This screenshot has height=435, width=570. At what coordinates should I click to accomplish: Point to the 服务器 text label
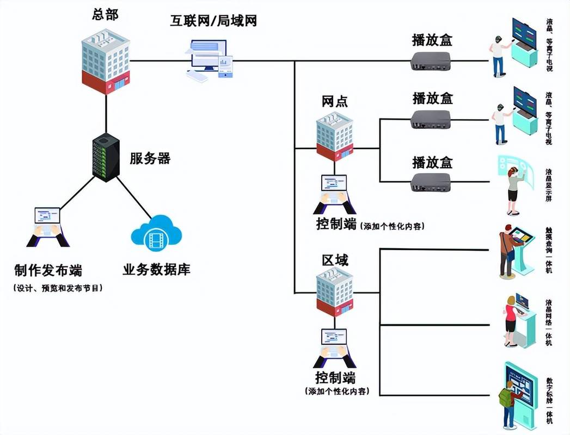click(x=150, y=159)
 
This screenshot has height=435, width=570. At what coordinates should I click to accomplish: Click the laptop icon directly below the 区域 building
click(x=335, y=347)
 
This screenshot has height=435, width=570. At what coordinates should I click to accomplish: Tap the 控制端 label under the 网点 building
click(x=336, y=223)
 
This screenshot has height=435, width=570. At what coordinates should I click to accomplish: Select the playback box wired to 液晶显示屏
click(x=431, y=182)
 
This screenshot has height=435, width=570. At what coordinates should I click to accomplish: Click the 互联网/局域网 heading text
click(x=213, y=21)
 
